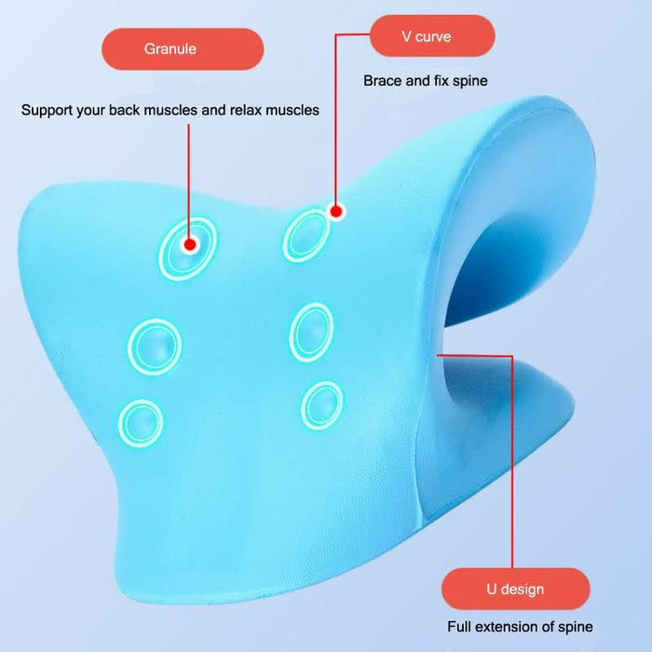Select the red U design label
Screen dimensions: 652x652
(515, 589)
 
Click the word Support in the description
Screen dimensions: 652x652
(48, 110)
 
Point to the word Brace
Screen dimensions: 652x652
(383, 81)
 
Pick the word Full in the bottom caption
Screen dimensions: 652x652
(463, 627)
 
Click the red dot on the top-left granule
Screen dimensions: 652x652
(189, 245)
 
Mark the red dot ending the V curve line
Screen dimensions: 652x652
(337, 212)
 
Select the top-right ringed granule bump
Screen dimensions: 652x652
(306, 234)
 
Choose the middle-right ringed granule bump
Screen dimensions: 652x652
(312, 331)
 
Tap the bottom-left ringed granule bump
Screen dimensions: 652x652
(142, 422)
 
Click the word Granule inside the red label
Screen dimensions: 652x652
(170, 48)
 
